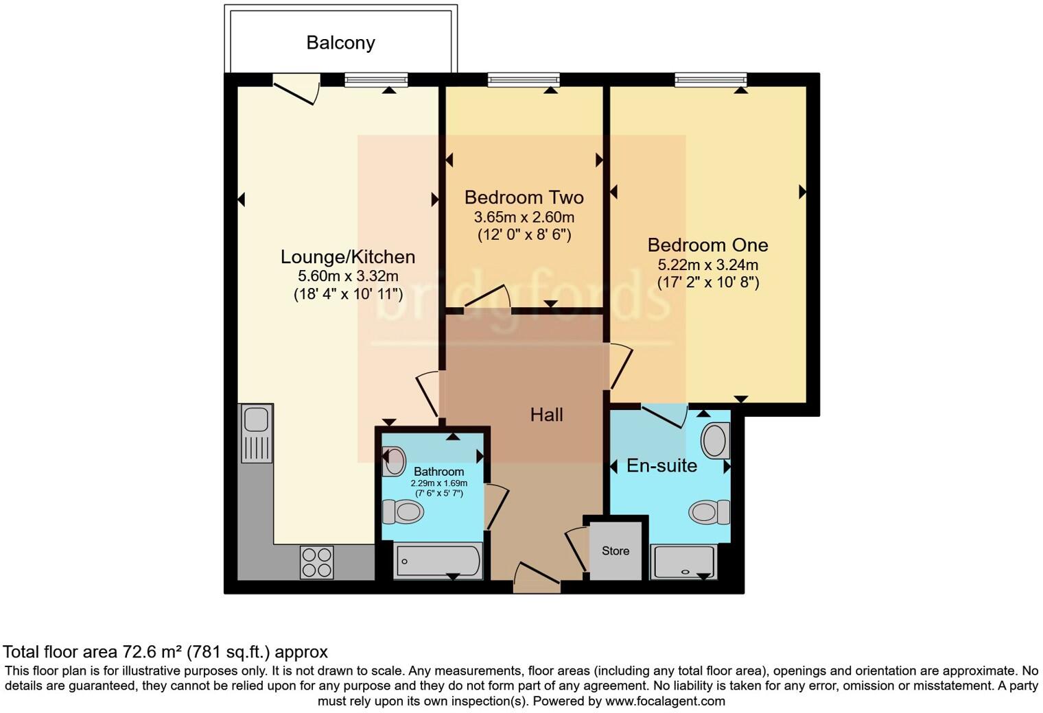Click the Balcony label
(x=340, y=43)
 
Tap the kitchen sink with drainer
(x=256, y=433)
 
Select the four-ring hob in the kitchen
(x=317, y=561)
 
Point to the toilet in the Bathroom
(x=402, y=511)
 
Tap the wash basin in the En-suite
(x=715, y=439)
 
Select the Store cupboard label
(x=616, y=551)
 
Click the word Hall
(x=546, y=415)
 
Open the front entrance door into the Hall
(x=537, y=579)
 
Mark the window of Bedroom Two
(x=524, y=81)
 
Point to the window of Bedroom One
(x=710, y=81)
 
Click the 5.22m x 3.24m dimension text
(x=708, y=265)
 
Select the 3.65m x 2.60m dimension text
(x=524, y=218)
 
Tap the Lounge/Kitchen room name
(x=348, y=257)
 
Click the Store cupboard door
(x=576, y=548)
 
